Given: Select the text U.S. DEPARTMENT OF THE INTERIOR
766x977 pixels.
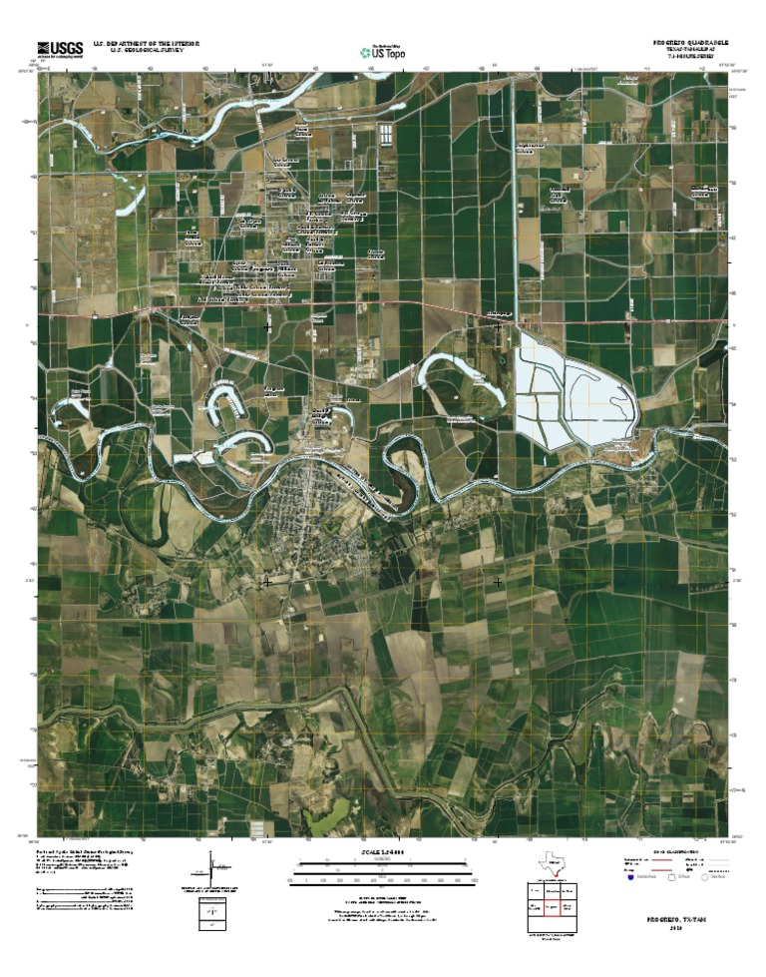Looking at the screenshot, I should tap(147, 43).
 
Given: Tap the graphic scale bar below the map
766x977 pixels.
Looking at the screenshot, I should tap(384, 874).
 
